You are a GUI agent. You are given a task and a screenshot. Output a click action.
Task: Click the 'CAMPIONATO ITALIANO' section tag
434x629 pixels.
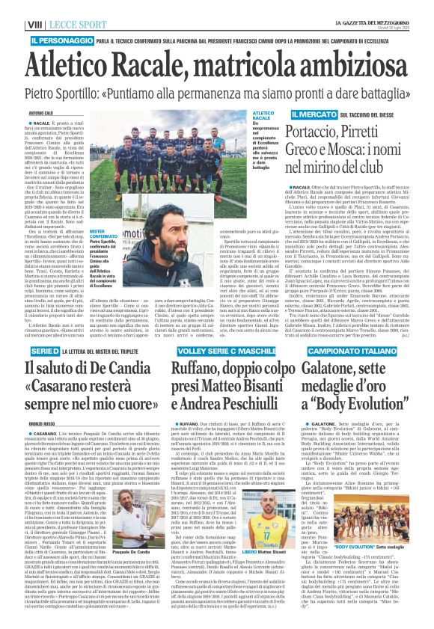[x=369, y=330]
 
